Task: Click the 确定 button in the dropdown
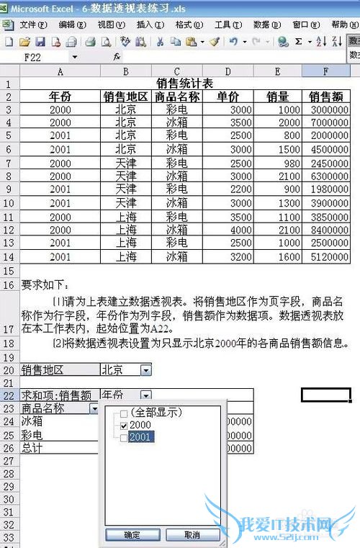click(132, 535)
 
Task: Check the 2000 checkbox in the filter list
click(124, 426)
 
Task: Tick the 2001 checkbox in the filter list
click(124, 438)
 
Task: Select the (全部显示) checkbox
click(124, 413)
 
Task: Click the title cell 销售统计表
click(184, 84)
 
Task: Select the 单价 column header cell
click(228, 96)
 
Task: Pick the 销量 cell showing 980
click(277, 163)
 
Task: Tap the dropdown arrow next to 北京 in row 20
click(145, 370)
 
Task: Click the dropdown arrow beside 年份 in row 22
click(145, 395)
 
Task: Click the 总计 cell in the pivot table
click(32, 448)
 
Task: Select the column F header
click(326, 71)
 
